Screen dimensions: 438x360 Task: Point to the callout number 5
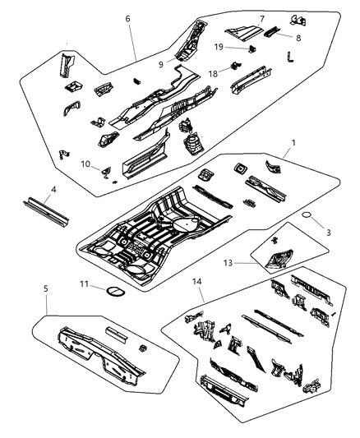point(45,312)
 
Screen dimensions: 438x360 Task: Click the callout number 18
point(212,73)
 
